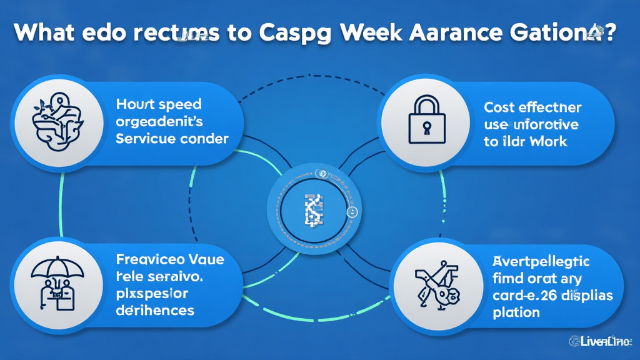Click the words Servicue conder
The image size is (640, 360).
coord(172,138)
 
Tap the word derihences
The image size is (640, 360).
coord(154,309)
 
